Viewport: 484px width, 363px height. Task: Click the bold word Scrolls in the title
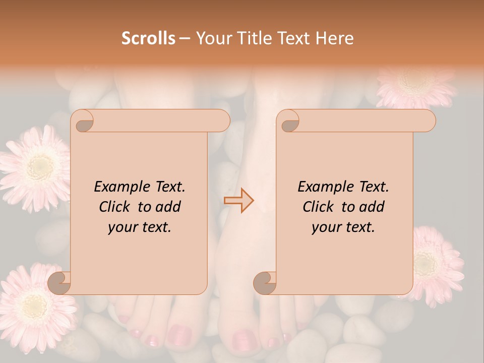148,38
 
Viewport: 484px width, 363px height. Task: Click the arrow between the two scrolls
239,200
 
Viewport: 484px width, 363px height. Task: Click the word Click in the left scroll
115,207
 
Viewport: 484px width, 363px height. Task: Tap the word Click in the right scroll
319,207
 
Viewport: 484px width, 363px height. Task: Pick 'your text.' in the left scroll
139,227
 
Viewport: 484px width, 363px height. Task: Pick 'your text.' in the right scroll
343,227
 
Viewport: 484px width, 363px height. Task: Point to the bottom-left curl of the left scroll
59,283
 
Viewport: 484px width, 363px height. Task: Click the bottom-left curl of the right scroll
265,283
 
